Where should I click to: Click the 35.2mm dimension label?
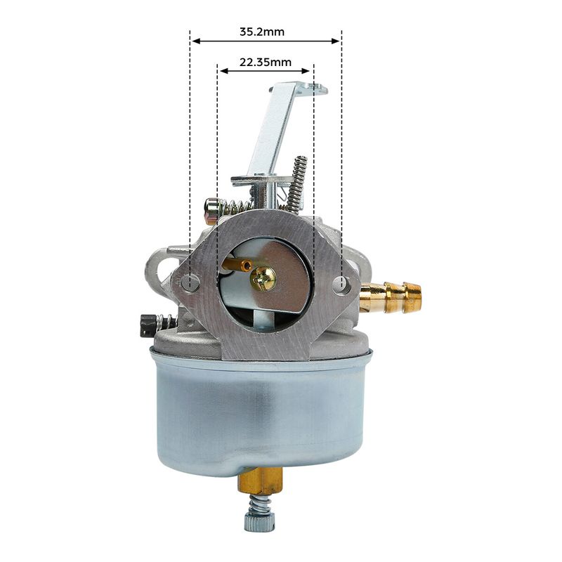(261, 32)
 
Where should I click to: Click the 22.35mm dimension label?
(266, 63)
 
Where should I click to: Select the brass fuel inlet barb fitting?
(391, 297)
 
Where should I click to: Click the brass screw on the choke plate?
(263, 279)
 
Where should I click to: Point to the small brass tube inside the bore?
(237, 266)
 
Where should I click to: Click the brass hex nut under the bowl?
(261, 481)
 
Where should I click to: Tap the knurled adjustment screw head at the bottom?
(260, 522)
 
